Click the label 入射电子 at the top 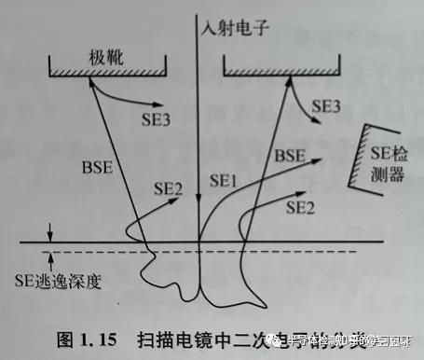(234, 27)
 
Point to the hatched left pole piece (107, 69)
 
